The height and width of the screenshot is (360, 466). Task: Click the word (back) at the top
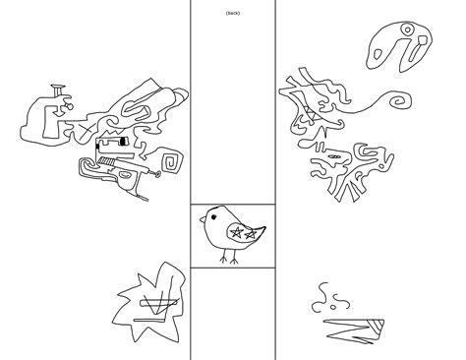(233, 13)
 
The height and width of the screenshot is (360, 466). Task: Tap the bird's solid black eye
(213, 216)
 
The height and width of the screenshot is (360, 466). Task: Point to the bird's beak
(203, 219)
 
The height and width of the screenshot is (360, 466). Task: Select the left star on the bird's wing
(237, 232)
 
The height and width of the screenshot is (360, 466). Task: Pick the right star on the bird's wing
(251, 234)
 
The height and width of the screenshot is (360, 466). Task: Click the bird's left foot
(224, 260)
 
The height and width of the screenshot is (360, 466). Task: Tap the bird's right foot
(234, 261)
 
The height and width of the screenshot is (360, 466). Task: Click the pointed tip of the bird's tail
(265, 227)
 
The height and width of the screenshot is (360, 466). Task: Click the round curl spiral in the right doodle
(399, 100)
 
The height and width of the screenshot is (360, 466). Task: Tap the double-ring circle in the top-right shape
(407, 30)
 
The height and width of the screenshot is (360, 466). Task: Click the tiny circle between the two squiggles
(333, 307)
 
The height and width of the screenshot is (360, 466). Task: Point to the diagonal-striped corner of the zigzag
(377, 328)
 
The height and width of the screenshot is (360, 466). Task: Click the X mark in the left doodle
(87, 131)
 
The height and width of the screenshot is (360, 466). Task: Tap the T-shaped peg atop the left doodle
(58, 90)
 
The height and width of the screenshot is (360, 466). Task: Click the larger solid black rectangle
(123, 142)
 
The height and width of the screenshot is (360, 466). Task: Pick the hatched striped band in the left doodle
(105, 160)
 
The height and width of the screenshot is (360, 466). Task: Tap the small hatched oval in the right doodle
(334, 156)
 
